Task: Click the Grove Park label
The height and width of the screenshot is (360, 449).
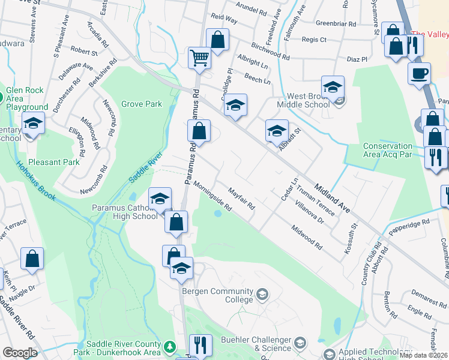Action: click(142, 104)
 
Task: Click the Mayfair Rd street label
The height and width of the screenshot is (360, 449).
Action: click(241, 199)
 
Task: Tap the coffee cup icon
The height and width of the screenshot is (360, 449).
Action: click(419, 73)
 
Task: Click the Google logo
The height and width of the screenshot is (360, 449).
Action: click(20, 352)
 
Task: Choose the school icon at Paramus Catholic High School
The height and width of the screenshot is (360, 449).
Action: click(160, 199)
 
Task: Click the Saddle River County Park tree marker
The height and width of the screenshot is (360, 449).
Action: click(170, 346)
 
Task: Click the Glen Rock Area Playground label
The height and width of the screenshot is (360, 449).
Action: click(26, 98)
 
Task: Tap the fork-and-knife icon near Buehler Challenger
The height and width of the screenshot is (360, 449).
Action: click(200, 346)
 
